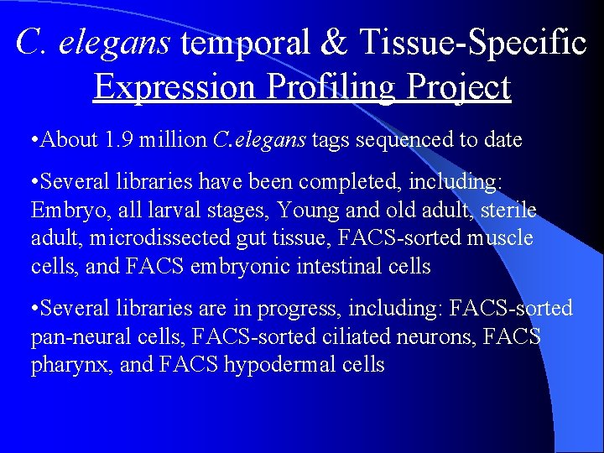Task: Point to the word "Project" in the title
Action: pos(455,86)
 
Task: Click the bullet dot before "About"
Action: pos(34,140)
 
